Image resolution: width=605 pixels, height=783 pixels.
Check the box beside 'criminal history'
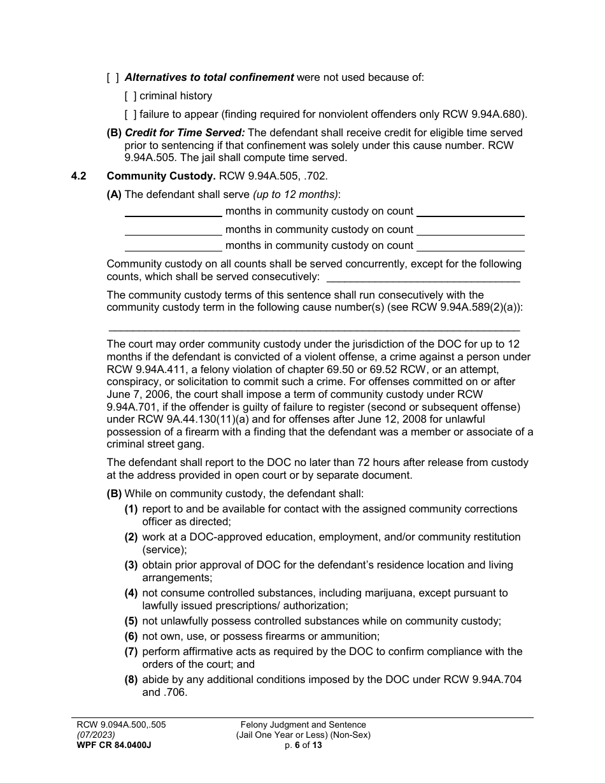point(130,96)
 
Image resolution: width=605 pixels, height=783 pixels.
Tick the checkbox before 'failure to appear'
point(130,115)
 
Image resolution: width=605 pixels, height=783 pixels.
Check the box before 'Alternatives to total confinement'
point(113,78)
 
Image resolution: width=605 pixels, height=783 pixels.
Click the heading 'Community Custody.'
point(161,176)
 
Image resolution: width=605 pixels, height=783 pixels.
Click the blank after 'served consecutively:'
point(422,278)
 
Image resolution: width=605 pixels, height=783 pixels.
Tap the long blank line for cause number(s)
point(314,329)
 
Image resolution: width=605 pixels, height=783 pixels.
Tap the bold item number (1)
point(131,509)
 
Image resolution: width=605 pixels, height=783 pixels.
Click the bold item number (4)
point(131,593)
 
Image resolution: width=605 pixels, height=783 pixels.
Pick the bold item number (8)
point(131,680)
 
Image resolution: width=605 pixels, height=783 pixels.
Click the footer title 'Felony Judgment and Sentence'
point(303,724)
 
